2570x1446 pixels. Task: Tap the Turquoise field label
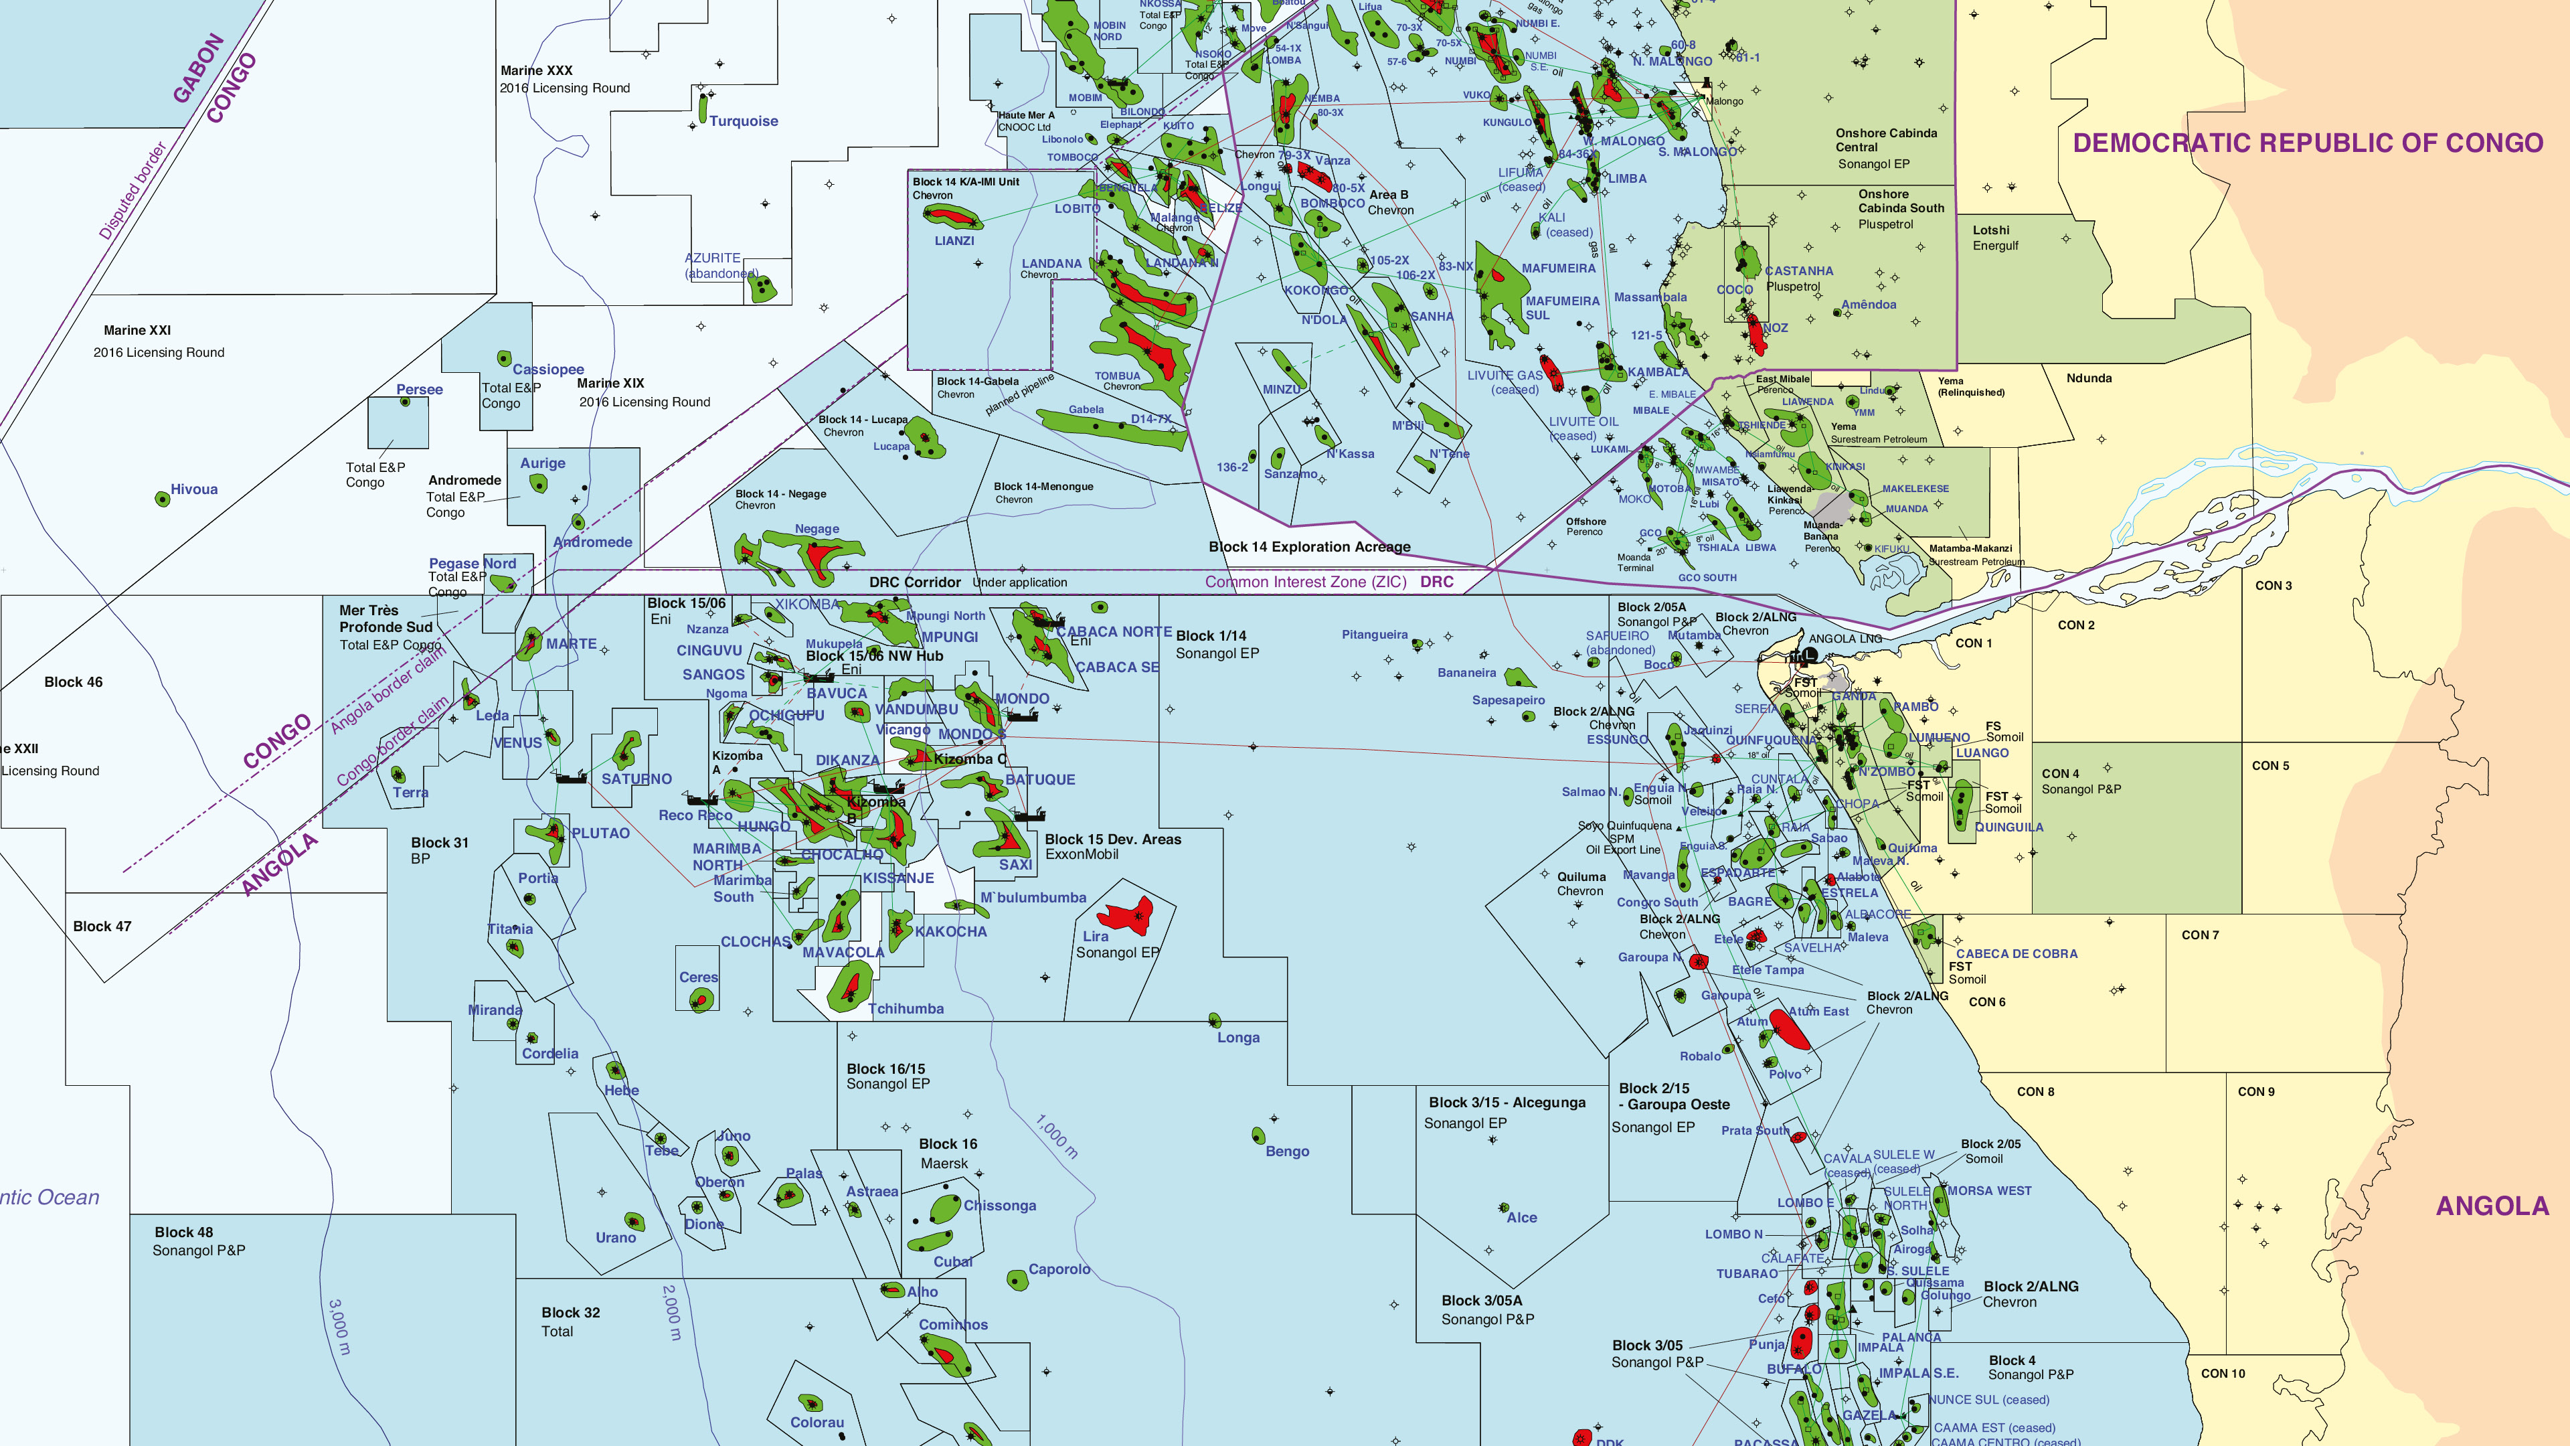[744, 120]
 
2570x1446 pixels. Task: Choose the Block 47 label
[102, 926]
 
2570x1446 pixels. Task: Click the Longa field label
[1238, 1038]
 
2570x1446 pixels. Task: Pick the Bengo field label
[1287, 1151]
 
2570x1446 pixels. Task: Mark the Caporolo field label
[1059, 1269]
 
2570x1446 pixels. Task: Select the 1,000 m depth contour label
[1055, 1135]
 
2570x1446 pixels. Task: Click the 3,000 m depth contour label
[339, 1326]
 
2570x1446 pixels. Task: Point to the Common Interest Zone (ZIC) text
[1305, 582]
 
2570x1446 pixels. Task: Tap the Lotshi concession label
[1991, 230]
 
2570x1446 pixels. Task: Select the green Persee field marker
[405, 402]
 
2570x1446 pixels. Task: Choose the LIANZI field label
[954, 240]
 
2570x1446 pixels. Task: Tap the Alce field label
[1521, 1218]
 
